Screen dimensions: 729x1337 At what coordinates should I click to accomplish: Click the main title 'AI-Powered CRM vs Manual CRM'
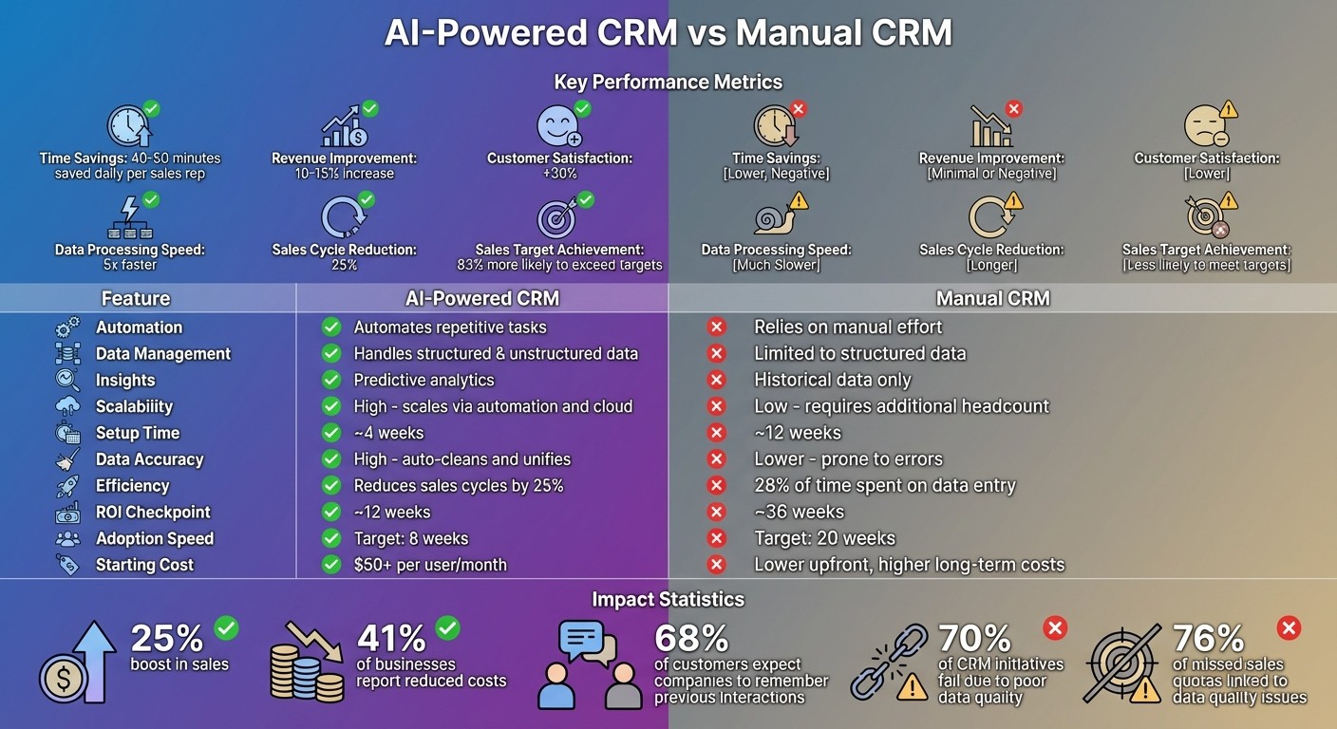tap(668, 33)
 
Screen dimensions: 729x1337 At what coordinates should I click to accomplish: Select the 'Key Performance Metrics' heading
tap(668, 82)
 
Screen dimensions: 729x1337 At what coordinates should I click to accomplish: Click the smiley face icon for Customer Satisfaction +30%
tap(557, 125)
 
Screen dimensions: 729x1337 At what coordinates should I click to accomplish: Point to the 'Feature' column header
tap(136, 298)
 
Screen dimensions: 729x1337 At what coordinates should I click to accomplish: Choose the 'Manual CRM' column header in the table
tap(992, 298)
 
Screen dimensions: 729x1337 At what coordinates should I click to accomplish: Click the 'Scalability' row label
tap(134, 406)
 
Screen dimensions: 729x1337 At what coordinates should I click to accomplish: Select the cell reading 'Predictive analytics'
tap(424, 380)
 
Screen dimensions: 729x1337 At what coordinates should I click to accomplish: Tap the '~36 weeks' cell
tap(799, 512)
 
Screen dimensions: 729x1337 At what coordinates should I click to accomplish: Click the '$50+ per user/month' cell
tap(430, 565)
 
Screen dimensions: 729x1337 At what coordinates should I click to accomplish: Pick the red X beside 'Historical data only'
tap(716, 380)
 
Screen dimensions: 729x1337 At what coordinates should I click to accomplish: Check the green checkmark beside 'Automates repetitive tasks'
tap(330, 327)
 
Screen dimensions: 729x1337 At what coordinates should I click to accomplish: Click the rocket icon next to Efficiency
tap(67, 486)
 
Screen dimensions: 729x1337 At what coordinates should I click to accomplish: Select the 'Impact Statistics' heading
tap(668, 599)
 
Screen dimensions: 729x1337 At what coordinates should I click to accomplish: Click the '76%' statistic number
tap(1208, 637)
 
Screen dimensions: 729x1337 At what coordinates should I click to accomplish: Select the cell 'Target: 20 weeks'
tap(824, 538)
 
